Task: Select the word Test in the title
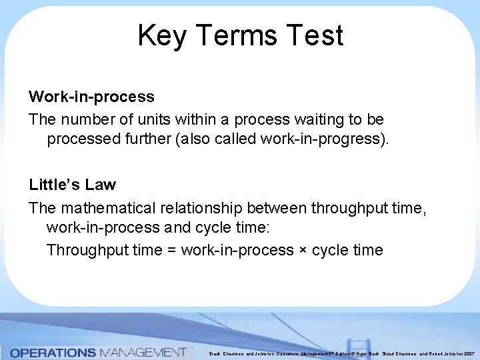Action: pyautogui.click(x=317, y=35)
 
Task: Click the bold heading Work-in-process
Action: pyautogui.click(x=91, y=97)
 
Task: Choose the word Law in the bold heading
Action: pyautogui.click(x=101, y=185)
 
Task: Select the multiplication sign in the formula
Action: pyautogui.click(x=303, y=251)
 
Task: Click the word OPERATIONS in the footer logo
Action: pyautogui.click(x=53, y=351)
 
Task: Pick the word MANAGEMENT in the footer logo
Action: pyautogui.click(x=143, y=351)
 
